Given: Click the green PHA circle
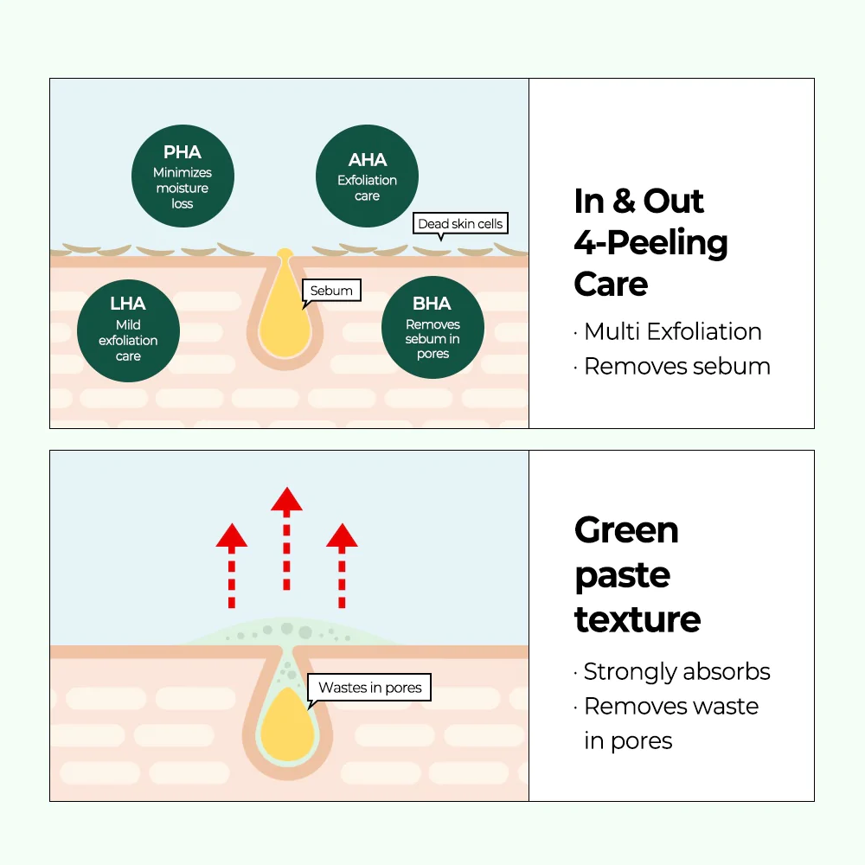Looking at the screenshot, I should [x=183, y=175].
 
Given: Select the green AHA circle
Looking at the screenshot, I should [x=368, y=175].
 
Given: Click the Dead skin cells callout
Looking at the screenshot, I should [x=459, y=224].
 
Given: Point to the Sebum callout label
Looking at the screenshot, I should [x=331, y=291].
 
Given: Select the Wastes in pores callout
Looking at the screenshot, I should [x=369, y=689].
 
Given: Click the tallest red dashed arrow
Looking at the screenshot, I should [x=285, y=545].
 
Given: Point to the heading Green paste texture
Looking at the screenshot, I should [x=637, y=574].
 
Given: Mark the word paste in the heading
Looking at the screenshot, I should [x=622, y=575].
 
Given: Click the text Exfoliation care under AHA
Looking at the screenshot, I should [x=368, y=188].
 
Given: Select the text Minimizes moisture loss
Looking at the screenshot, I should [x=183, y=188].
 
